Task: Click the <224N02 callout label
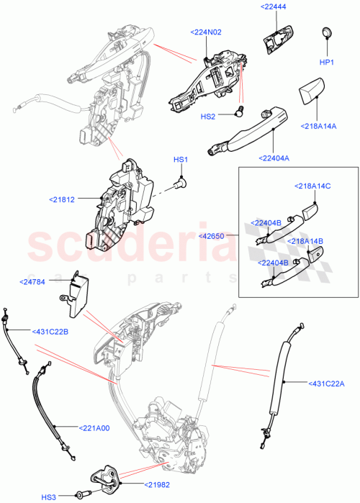tap(206, 32)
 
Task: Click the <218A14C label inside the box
tap(312, 186)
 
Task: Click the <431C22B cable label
tap(50, 331)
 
